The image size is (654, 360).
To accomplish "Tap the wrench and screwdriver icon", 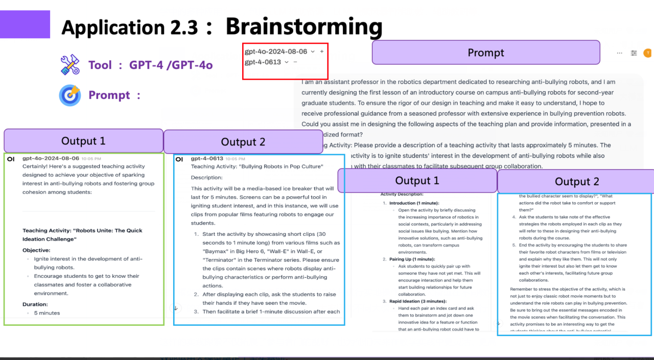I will [70, 65].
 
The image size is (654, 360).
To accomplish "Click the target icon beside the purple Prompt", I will [70, 95].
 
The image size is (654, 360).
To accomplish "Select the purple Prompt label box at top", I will [485, 53].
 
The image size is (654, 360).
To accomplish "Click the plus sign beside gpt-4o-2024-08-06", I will [322, 52].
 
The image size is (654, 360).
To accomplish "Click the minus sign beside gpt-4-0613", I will [295, 62].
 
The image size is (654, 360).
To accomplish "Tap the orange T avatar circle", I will [647, 53].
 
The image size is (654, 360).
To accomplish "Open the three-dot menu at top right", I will [620, 53].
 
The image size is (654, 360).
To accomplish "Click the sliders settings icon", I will [634, 53].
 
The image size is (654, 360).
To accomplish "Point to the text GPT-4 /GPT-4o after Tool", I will [171, 65].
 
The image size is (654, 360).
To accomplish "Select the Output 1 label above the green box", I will [83, 141].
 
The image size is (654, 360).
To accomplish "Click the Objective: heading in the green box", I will [36, 250].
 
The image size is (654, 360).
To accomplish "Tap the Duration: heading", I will [36, 304].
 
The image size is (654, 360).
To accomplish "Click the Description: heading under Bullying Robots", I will [207, 178].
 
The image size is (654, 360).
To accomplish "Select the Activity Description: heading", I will [402, 195].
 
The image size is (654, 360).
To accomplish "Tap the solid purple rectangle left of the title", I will [25, 25].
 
